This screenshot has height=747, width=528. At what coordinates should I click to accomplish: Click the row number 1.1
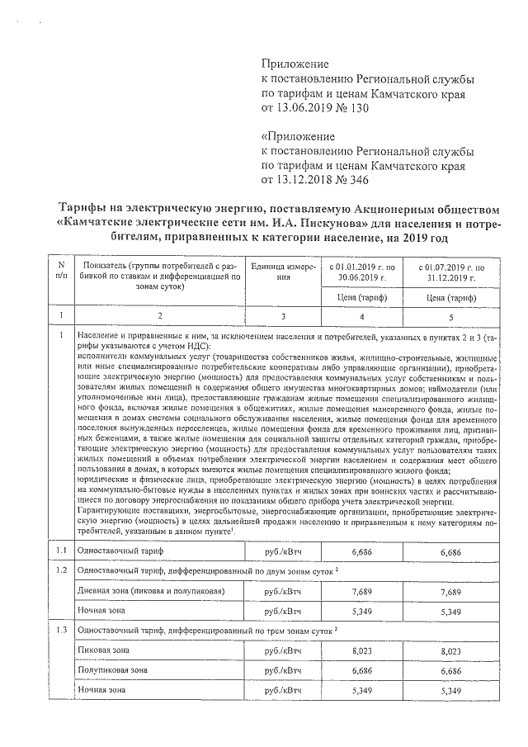coord(60,550)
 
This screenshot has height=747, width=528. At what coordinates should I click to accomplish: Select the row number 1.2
coord(60,570)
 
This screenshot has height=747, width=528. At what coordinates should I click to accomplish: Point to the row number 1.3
coord(60,630)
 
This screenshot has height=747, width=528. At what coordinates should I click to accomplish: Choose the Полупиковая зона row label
coord(111,669)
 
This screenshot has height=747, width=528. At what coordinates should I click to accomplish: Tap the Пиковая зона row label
coord(101,650)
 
